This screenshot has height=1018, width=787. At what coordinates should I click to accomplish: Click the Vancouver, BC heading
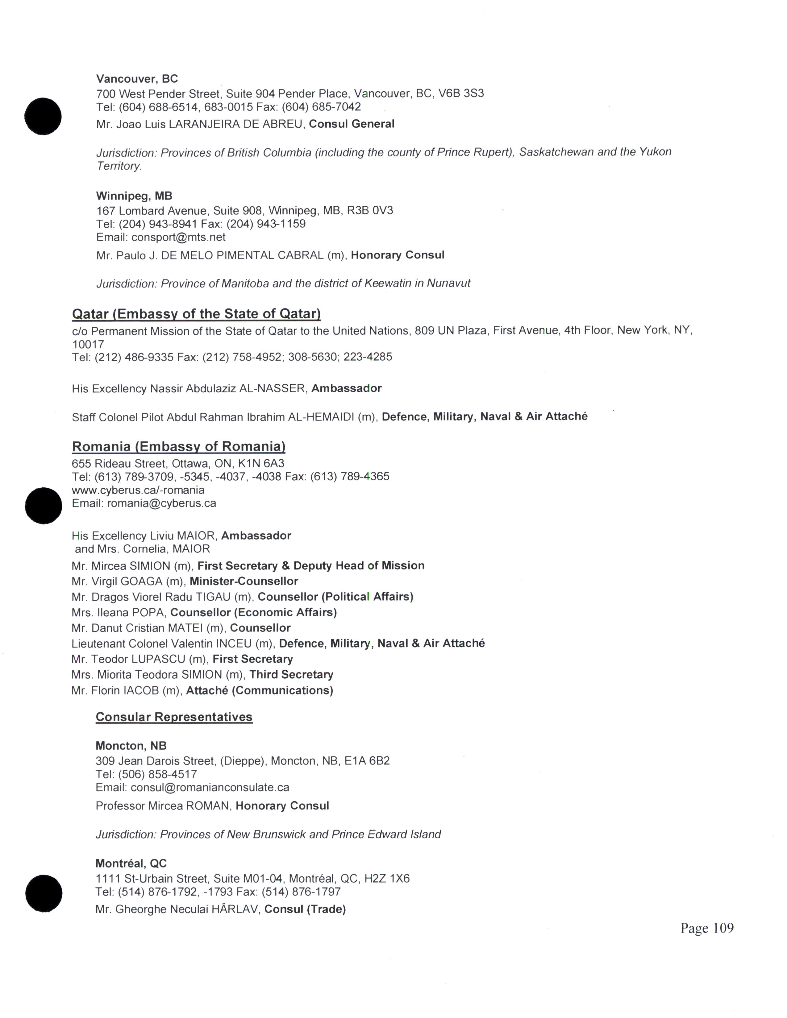(137, 79)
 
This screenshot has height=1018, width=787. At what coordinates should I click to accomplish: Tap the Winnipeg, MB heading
(134, 196)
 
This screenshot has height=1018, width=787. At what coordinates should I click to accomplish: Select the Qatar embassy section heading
(196, 314)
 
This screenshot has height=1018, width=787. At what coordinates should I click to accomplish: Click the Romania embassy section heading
(179, 447)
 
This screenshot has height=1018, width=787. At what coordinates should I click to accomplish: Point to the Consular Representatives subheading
(174, 717)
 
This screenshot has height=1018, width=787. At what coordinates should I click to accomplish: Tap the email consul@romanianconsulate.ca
(210, 787)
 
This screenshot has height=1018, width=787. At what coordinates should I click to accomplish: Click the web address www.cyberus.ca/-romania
(138, 490)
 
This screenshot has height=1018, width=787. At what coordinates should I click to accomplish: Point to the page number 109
(707, 937)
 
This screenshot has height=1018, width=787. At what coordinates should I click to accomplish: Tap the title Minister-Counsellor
(244, 581)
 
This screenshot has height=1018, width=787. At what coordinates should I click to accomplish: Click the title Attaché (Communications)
(260, 690)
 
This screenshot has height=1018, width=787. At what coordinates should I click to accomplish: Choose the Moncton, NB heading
(131, 746)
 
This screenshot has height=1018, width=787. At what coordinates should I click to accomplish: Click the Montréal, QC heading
(131, 863)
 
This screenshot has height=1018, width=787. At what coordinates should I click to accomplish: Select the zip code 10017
(88, 345)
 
